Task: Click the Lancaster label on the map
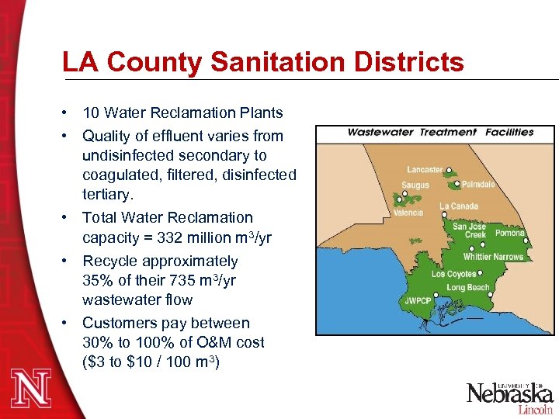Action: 425,170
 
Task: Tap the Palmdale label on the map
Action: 477,185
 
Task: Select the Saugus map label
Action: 415,186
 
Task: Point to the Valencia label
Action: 408,213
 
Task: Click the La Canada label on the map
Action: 459,206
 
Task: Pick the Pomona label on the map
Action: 510,233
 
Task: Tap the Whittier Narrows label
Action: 493,257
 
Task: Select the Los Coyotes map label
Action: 453,274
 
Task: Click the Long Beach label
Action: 468,288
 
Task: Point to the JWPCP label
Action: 417,300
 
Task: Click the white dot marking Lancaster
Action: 449,171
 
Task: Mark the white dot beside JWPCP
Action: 437,295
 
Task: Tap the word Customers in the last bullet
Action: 119,323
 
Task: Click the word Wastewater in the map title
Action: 380,132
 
